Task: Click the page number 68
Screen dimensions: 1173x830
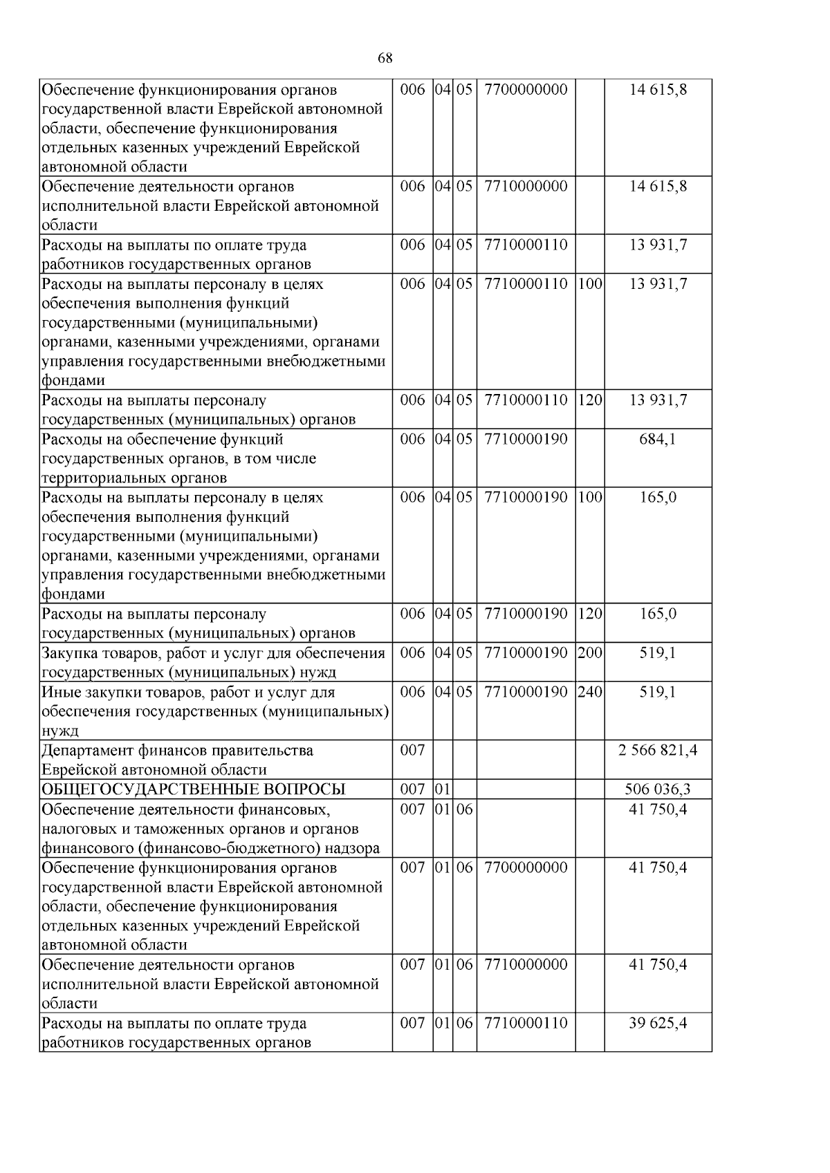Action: (x=385, y=58)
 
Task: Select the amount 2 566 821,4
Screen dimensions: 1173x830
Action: (x=658, y=751)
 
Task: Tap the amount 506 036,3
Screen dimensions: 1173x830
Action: (x=658, y=789)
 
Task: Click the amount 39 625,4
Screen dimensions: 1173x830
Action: (x=658, y=1023)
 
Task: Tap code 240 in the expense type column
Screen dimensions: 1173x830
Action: (x=589, y=692)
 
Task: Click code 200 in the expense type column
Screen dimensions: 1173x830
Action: (x=589, y=653)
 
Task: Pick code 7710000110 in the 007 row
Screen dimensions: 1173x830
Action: (x=526, y=1023)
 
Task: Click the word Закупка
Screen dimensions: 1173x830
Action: (x=72, y=653)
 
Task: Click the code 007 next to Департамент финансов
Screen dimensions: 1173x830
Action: (x=412, y=751)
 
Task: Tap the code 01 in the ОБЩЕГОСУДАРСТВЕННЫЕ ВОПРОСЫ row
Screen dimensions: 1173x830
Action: (x=443, y=789)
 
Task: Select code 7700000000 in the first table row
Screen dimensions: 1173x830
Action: (x=526, y=89)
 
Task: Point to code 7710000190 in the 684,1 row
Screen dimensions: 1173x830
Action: (x=526, y=439)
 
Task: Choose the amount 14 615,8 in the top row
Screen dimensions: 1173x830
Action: (x=658, y=89)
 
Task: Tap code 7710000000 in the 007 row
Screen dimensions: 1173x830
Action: (x=526, y=964)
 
